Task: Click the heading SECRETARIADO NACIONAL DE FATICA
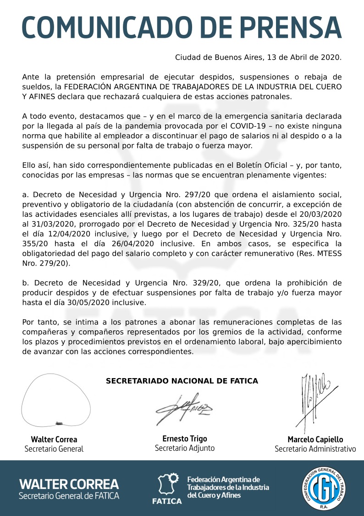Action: [x=182, y=381]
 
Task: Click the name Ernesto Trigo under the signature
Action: [x=184, y=438]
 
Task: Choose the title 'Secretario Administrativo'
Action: [x=315, y=449]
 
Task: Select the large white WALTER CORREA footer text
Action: [x=69, y=484]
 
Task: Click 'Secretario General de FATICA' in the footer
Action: [x=69, y=496]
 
